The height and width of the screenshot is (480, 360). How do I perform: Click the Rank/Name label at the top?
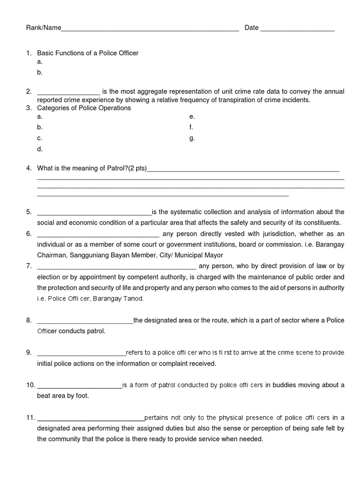click(x=44, y=28)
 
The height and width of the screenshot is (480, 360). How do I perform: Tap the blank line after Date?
click(x=297, y=29)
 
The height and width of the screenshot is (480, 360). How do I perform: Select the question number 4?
click(x=29, y=168)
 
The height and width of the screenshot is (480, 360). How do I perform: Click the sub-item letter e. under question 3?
click(x=192, y=116)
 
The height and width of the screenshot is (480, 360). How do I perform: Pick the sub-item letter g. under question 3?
click(x=192, y=138)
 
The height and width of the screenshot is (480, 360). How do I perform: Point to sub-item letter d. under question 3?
click(x=40, y=149)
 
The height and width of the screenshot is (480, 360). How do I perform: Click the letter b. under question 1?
click(x=40, y=72)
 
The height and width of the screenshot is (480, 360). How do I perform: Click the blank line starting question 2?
click(x=68, y=92)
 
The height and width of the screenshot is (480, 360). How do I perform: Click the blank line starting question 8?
click(x=85, y=321)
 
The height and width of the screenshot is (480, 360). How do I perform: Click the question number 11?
click(x=30, y=418)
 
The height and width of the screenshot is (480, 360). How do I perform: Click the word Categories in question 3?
click(x=53, y=108)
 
